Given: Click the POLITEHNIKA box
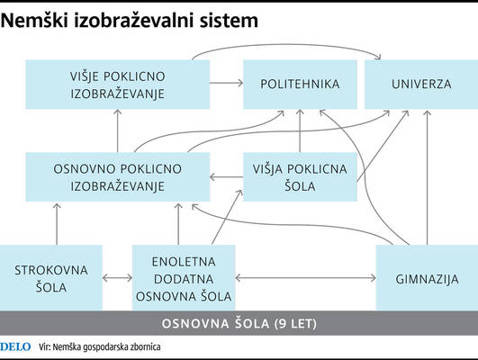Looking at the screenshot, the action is [x=300, y=85].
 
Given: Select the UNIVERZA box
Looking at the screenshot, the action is [x=421, y=85].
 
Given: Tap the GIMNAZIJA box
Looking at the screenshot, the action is [x=427, y=278].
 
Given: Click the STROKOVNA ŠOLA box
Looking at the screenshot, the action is [x=51, y=278].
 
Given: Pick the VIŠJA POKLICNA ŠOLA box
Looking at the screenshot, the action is [x=300, y=176].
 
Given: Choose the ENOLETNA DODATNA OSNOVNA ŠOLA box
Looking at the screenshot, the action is [x=184, y=278].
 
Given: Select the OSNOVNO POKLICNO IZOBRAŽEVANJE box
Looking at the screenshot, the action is [x=118, y=176].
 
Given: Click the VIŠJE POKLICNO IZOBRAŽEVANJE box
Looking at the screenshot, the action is [x=118, y=85].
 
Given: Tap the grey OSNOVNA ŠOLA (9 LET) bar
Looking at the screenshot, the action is [x=239, y=323].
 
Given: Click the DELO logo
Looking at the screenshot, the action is [x=15, y=346].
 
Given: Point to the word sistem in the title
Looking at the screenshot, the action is [x=229, y=21].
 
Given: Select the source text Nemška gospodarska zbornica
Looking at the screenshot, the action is [x=106, y=347].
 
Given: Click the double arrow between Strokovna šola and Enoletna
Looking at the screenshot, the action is [x=117, y=278].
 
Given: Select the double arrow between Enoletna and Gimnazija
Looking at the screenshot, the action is [x=305, y=278].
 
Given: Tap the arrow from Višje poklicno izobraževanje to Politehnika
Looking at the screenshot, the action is [x=227, y=83].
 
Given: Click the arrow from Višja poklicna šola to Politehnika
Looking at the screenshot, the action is [x=300, y=130].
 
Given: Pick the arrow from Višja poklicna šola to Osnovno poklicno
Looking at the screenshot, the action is [x=227, y=176].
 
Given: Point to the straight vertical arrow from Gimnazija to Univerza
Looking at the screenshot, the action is [x=427, y=177].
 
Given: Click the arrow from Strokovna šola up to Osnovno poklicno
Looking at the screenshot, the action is [x=57, y=224].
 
